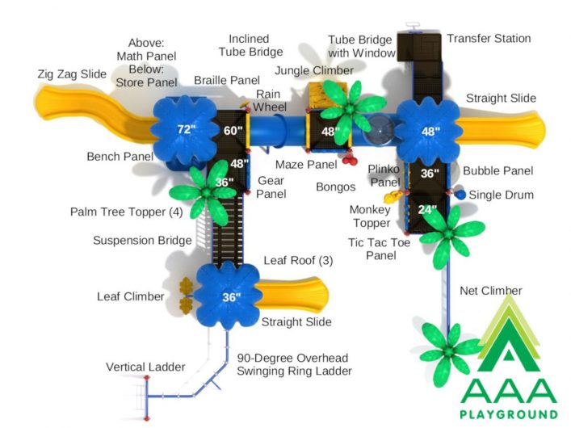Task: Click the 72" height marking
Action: click(187, 129)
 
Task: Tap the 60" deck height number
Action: click(233, 130)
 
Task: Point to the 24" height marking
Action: click(427, 209)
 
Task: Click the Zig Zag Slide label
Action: click(72, 74)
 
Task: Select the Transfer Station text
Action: click(489, 38)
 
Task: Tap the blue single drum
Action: click(460, 195)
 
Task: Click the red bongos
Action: click(350, 159)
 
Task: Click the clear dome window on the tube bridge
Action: click(380, 130)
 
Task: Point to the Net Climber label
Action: click(491, 291)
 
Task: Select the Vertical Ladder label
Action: click(145, 367)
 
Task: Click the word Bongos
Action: click(336, 187)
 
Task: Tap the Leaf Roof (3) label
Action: click(298, 261)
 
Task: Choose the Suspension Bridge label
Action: click(142, 241)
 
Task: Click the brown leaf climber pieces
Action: click(186, 296)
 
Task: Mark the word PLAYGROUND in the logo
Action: click(509, 414)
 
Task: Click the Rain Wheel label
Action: click(270, 100)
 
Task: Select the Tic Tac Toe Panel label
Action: click(379, 249)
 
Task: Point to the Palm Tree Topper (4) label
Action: click(126, 212)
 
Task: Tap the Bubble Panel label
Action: click(498, 170)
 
